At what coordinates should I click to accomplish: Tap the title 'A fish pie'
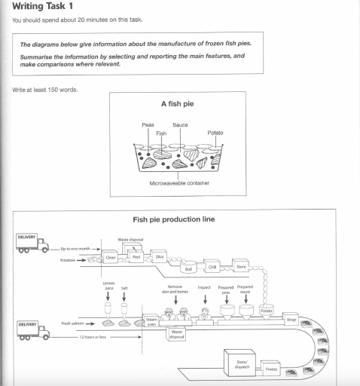pos(179,104)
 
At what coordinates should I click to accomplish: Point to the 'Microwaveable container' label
pos(179,182)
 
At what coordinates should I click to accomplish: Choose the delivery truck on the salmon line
pos(32,328)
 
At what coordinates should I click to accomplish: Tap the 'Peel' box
pos(136,256)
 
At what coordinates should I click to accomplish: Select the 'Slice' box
pos(160,256)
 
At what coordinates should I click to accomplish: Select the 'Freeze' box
pos(272,370)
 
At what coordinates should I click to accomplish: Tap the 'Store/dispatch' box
pos(242,365)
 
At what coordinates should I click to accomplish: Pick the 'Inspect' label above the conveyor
pos(203,287)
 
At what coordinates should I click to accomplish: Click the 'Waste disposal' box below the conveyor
pos(177,335)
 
